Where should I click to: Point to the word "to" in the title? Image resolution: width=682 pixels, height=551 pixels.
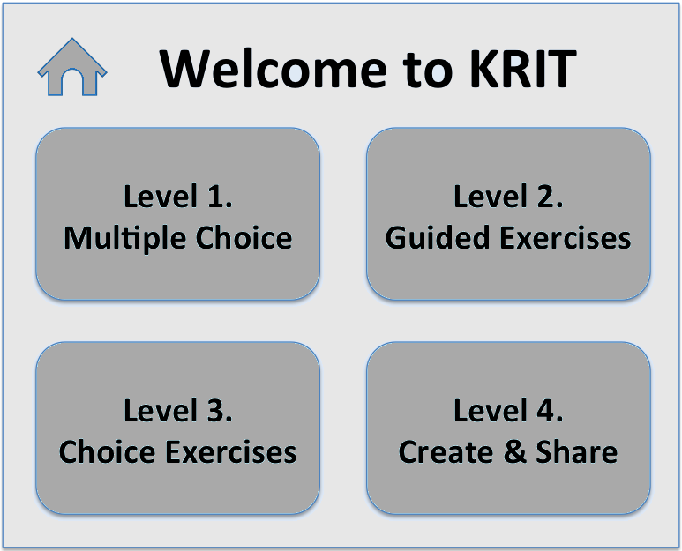[x=429, y=71]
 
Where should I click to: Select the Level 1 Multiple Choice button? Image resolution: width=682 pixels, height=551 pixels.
[x=178, y=214]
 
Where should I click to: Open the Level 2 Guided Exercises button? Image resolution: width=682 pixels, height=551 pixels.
[x=508, y=214]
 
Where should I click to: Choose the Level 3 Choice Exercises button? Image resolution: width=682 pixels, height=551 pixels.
[x=178, y=428]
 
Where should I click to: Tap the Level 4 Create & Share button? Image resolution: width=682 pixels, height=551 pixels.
[x=508, y=428]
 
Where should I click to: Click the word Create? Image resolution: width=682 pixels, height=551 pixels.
[x=446, y=452]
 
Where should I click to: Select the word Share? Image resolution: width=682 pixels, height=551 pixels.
[x=576, y=452]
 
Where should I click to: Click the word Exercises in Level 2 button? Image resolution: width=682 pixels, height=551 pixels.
[x=565, y=238]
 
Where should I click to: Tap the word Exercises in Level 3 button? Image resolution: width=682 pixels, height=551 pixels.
[x=231, y=452]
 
